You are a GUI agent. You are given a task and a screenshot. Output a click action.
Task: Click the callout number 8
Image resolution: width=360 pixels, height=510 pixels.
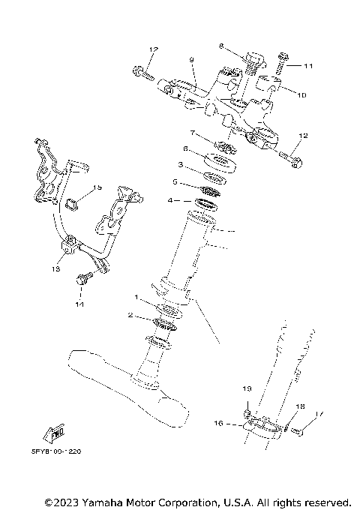221,46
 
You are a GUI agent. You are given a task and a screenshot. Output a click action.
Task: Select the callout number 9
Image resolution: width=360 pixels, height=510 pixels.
191,59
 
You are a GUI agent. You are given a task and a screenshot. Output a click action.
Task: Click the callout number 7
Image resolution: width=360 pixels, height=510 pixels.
193,133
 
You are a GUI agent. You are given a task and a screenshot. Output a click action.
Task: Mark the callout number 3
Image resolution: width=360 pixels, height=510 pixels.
181,163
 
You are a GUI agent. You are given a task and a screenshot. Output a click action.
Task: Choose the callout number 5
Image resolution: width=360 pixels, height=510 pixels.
175,181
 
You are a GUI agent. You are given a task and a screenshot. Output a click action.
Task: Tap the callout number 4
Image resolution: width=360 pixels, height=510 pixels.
170,200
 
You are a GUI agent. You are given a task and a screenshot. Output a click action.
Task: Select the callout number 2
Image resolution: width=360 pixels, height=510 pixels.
130,316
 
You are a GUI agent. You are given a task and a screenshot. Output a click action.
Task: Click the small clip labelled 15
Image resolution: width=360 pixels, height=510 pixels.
73,202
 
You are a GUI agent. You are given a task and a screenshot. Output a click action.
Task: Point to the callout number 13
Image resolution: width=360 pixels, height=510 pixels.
55,268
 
